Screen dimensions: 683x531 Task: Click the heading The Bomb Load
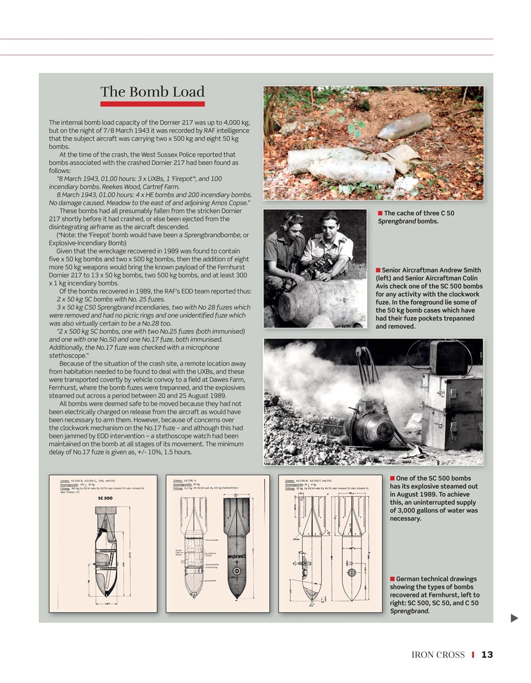click(152, 92)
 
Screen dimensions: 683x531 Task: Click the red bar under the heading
click(152, 104)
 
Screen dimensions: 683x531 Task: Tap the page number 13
click(487, 655)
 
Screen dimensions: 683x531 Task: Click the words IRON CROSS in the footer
click(438, 655)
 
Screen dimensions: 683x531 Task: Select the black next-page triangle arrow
click(514, 618)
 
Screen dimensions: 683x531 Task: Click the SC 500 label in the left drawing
click(105, 498)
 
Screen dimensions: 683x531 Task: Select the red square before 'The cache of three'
click(380, 213)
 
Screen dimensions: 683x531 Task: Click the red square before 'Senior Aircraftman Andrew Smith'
click(378, 271)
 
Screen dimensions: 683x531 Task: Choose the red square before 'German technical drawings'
click(392, 579)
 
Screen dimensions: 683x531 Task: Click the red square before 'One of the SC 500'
click(392, 479)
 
